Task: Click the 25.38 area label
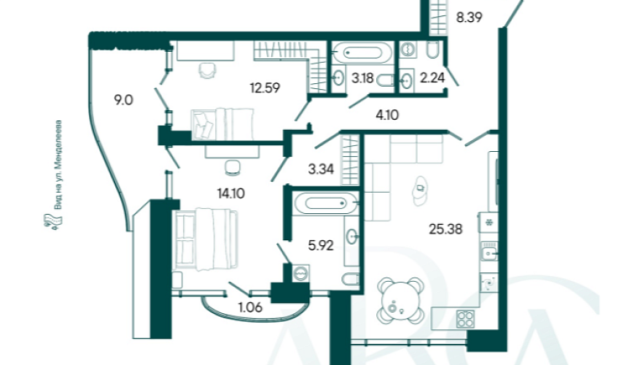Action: point(445,229)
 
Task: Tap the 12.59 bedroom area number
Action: point(265,88)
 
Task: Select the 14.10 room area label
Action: point(231,193)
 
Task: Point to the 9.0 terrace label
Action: point(123,100)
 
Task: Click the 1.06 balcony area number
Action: point(250,307)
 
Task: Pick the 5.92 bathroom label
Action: point(321,245)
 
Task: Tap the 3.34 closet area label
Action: point(321,169)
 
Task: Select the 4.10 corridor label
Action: point(387,115)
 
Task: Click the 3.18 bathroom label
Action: point(362,78)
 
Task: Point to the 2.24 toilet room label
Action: point(432,77)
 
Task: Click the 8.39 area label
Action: point(469,18)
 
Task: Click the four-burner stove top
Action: point(465,320)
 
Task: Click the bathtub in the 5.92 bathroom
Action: point(326,204)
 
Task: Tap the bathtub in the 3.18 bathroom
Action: point(362,53)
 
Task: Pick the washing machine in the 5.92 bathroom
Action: point(300,273)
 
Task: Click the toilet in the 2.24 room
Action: point(432,49)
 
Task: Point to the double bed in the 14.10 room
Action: point(206,239)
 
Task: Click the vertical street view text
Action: point(58,165)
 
